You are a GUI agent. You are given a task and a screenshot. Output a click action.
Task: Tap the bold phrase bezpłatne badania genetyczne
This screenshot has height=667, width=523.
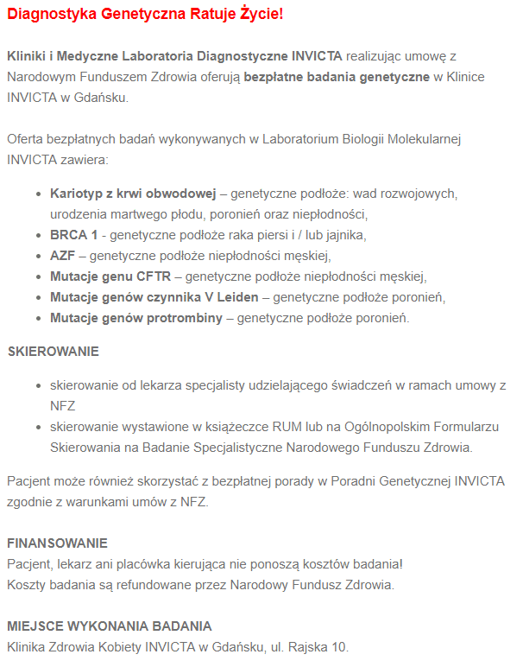pos(337,77)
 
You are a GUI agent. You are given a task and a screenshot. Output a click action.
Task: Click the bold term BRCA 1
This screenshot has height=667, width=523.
pos(73,234)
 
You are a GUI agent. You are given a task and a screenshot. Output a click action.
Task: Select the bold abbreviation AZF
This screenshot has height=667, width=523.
pos(63,255)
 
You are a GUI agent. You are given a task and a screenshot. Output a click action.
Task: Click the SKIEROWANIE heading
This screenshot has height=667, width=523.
pos(53,352)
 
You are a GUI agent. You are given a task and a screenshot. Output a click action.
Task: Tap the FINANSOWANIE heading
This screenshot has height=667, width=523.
pos(57,543)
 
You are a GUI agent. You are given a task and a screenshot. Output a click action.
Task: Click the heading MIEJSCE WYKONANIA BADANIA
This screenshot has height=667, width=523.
pos(110,626)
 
